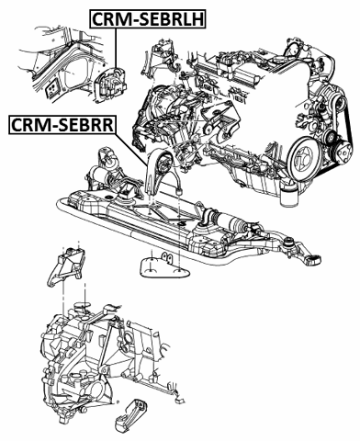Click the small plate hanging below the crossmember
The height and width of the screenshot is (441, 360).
point(163,266)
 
